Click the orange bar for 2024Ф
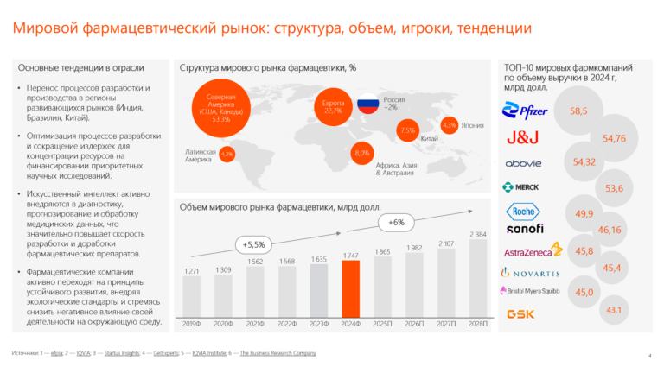tap(351, 288)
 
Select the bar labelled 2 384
tap(477, 277)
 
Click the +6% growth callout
tap(396, 222)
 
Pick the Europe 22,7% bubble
tap(333, 108)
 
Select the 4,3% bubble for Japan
tap(449, 126)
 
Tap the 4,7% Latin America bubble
tap(227, 154)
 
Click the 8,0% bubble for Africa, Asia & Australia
tap(361, 153)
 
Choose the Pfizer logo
tap(527, 110)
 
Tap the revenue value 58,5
tap(578, 111)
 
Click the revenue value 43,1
tap(616, 309)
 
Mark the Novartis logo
tap(530, 272)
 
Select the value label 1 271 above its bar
tap(192, 272)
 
